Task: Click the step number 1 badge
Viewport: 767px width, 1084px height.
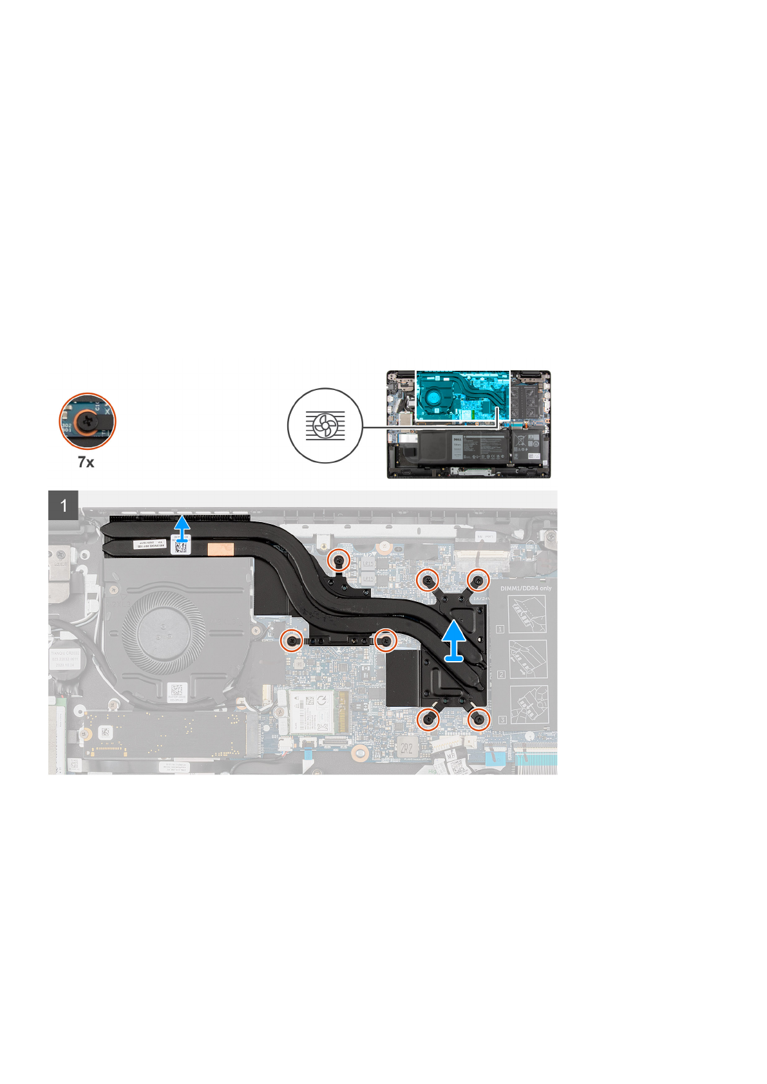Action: (x=63, y=505)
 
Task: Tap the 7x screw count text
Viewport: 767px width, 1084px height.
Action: (x=86, y=462)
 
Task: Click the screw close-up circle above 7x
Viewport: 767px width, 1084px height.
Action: (x=88, y=420)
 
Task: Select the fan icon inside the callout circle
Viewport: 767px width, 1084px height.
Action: (x=325, y=425)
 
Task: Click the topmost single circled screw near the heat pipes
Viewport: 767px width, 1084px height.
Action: (x=339, y=561)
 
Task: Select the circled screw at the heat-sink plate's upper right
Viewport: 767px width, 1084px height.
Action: (x=478, y=581)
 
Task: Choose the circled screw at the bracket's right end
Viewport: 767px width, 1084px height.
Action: (x=386, y=640)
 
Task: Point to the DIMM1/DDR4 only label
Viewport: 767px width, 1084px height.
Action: (x=526, y=588)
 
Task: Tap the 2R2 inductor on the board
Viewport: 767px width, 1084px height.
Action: (x=407, y=747)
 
